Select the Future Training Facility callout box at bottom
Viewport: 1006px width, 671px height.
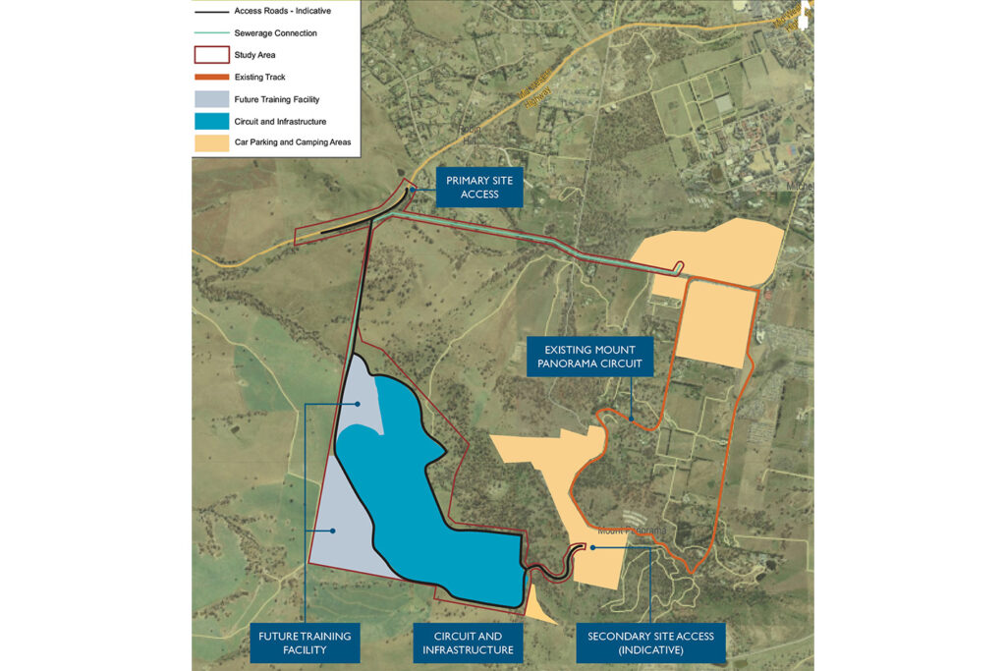[x=305, y=643]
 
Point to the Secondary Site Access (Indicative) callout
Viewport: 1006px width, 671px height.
[x=649, y=643]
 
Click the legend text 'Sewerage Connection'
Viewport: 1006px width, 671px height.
[x=275, y=33]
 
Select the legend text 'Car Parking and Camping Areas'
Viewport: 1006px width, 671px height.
[x=292, y=142]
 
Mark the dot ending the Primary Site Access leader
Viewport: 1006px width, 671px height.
[x=414, y=189]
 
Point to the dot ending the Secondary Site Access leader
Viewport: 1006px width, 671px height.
[x=594, y=547]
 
